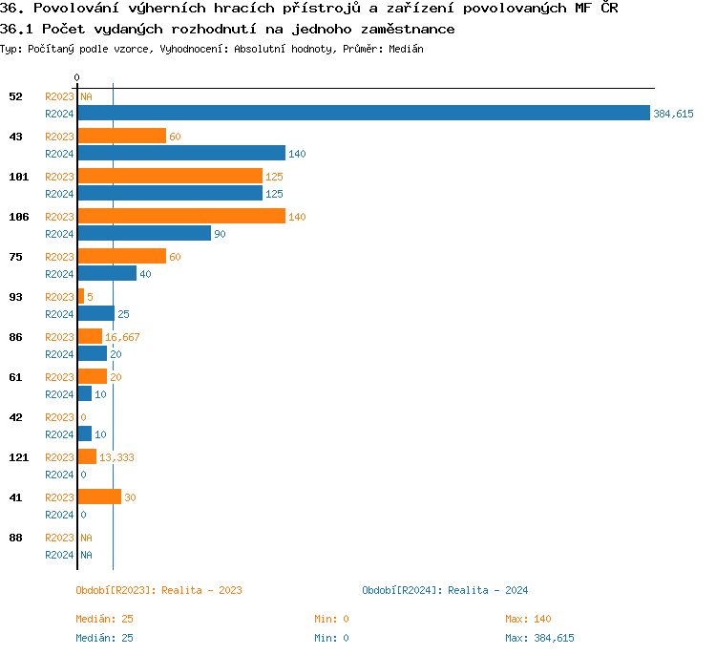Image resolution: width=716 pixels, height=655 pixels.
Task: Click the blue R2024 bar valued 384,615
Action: [x=363, y=114]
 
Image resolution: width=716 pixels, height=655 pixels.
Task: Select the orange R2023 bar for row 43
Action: [x=121, y=137]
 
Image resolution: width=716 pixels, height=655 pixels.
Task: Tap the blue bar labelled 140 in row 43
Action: [x=180, y=154]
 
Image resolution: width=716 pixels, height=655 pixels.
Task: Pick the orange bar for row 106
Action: [x=180, y=217]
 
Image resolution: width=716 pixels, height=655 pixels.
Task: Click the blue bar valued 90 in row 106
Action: [x=143, y=234]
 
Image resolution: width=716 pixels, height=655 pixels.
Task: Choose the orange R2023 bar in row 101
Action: [x=169, y=177]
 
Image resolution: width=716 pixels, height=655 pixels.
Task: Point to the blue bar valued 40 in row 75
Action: [x=106, y=274]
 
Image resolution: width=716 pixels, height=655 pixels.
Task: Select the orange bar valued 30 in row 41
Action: [x=98, y=497]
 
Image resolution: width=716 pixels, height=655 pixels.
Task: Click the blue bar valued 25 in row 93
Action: [x=95, y=314]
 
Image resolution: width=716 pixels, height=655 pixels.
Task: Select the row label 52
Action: [x=15, y=96]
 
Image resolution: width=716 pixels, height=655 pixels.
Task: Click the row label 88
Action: [x=15, y=538]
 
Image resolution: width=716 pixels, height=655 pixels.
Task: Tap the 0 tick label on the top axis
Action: [x=77, y=77]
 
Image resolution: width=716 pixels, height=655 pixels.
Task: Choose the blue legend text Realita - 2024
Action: [x=488, y=590]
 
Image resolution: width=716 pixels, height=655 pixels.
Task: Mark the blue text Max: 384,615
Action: [x=539, y=638]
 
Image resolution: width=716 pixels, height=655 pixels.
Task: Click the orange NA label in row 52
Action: [x=86, y=96]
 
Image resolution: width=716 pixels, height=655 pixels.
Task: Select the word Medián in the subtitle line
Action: [x=407, y=48]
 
